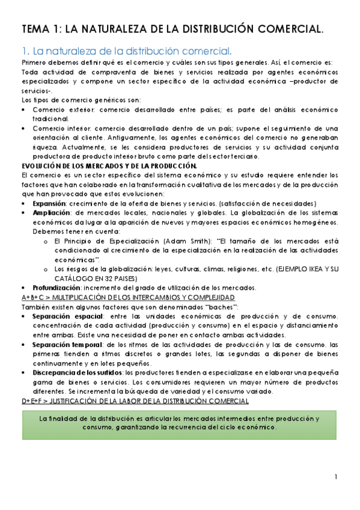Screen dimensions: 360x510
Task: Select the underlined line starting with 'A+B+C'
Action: [x=127, y=298]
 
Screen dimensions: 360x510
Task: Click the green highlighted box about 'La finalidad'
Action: [x=179, y=422]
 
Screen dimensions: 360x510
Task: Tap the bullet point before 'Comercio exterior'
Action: [x=23, y=109]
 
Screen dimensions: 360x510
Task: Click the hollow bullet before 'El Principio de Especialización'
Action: [x=46, y=241]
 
